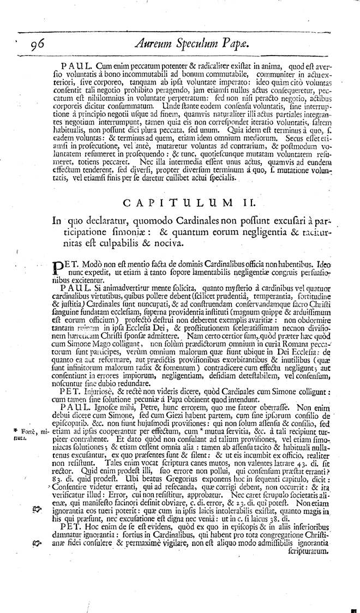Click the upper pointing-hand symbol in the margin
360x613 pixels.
tap(37, 508)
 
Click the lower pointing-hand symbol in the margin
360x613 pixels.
tap(37, 543)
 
